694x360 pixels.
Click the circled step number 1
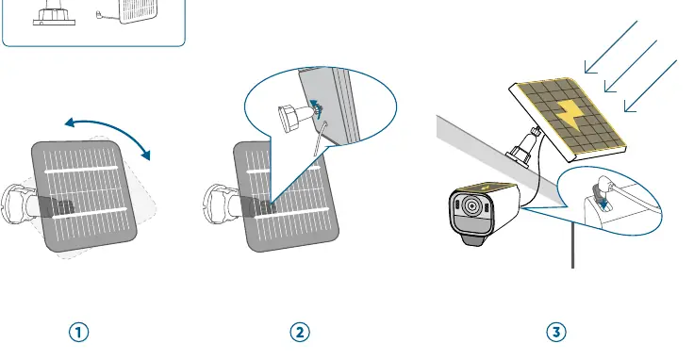79,332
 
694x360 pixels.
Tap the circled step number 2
300,332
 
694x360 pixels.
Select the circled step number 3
556,332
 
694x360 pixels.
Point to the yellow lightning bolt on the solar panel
570,115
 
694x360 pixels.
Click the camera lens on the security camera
471,206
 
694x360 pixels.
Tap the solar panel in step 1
84,196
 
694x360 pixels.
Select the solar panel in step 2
287,196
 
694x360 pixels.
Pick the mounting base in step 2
218,205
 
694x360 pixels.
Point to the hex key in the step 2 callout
321,139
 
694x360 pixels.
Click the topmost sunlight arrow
611,47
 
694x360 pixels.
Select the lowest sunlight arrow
651,86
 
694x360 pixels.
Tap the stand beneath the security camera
472,239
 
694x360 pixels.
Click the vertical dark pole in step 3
572,245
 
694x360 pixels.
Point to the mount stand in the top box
54,13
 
